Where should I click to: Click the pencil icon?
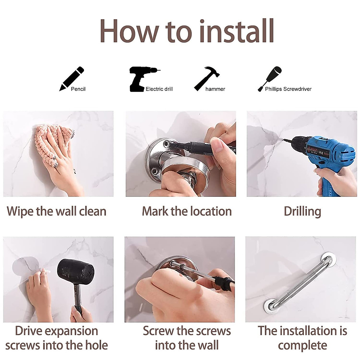click(x=71, y=79)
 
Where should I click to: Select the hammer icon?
click(x=206, y=78)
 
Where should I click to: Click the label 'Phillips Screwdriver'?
click(x=288, y=89)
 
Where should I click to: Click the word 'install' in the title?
click(x=236, y=31)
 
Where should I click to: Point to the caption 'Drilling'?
click(x=302, y=211)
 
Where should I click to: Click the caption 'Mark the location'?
click(x=187, y=211)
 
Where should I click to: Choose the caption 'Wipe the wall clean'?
click(x=56, y=211)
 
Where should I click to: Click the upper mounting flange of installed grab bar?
click(x=329, y=259)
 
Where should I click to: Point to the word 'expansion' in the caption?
click(x=70, y=331)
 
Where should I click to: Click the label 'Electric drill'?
click(x=159, y=89)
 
